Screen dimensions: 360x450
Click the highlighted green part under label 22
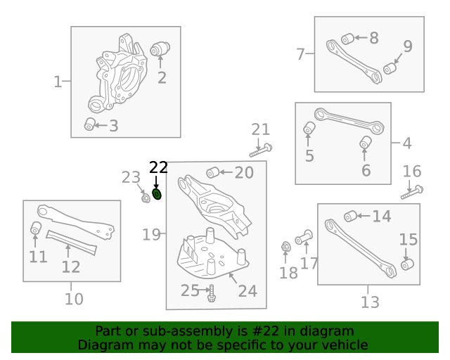(x=157, y=194)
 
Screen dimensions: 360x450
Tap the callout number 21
(x=261, y=129)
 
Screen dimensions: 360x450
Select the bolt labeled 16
(x=411, y=191)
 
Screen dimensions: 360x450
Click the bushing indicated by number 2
(x=161, y=49)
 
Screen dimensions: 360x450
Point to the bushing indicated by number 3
(x=90, y=124)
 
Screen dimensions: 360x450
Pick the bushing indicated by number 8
(x=347, y=38)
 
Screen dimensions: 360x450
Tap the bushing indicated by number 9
(x=390, y=69)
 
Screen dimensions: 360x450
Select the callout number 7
(x=300, y=54)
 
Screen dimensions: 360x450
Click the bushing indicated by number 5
(x=309, y=128)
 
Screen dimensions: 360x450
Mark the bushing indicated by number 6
(x=365, y=143)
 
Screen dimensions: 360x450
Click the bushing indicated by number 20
(x=212, y=172)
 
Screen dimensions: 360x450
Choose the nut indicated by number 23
(x=145, y=198)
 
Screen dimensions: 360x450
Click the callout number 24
(x=247, y=290)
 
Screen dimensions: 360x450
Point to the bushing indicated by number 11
(x=36, y=229)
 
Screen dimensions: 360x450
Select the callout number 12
(x=71, y=266)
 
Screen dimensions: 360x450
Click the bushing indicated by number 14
(x=349, y=216)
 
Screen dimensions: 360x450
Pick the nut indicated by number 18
(x=286, y=247)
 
